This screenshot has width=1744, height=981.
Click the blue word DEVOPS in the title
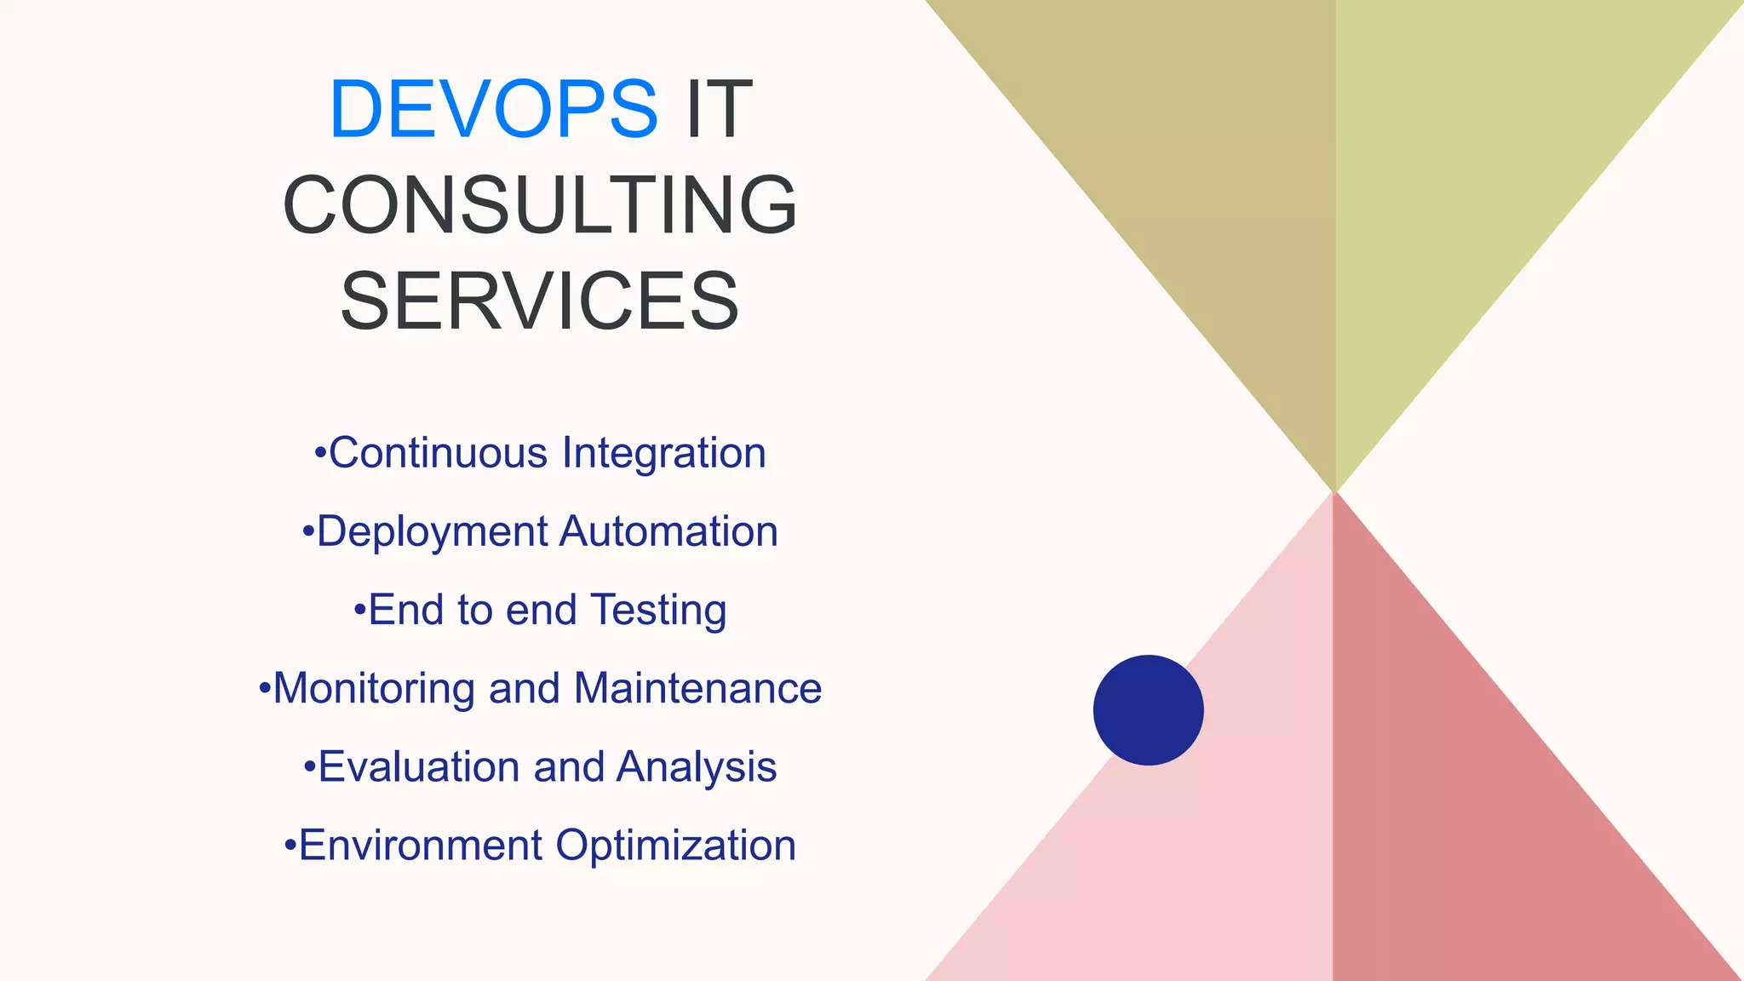point(492,109)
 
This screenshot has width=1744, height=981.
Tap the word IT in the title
point(719,109)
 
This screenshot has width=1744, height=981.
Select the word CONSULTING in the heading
point(540,205)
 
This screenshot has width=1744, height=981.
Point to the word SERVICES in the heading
point(540,301)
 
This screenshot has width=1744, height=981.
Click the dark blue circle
point(1148,710)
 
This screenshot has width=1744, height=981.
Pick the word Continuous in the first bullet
point(438,453)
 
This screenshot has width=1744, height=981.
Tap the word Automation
point(668,531)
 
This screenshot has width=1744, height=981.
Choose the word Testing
point(658,611)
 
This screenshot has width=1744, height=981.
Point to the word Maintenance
point(697,688)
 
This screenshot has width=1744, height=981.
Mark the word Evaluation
point(419,766)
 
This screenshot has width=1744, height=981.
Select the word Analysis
point(697,767)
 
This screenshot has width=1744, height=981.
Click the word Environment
point(421,846)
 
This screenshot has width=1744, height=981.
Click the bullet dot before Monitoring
point(265,686)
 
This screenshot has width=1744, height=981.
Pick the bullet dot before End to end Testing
point(360,609)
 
